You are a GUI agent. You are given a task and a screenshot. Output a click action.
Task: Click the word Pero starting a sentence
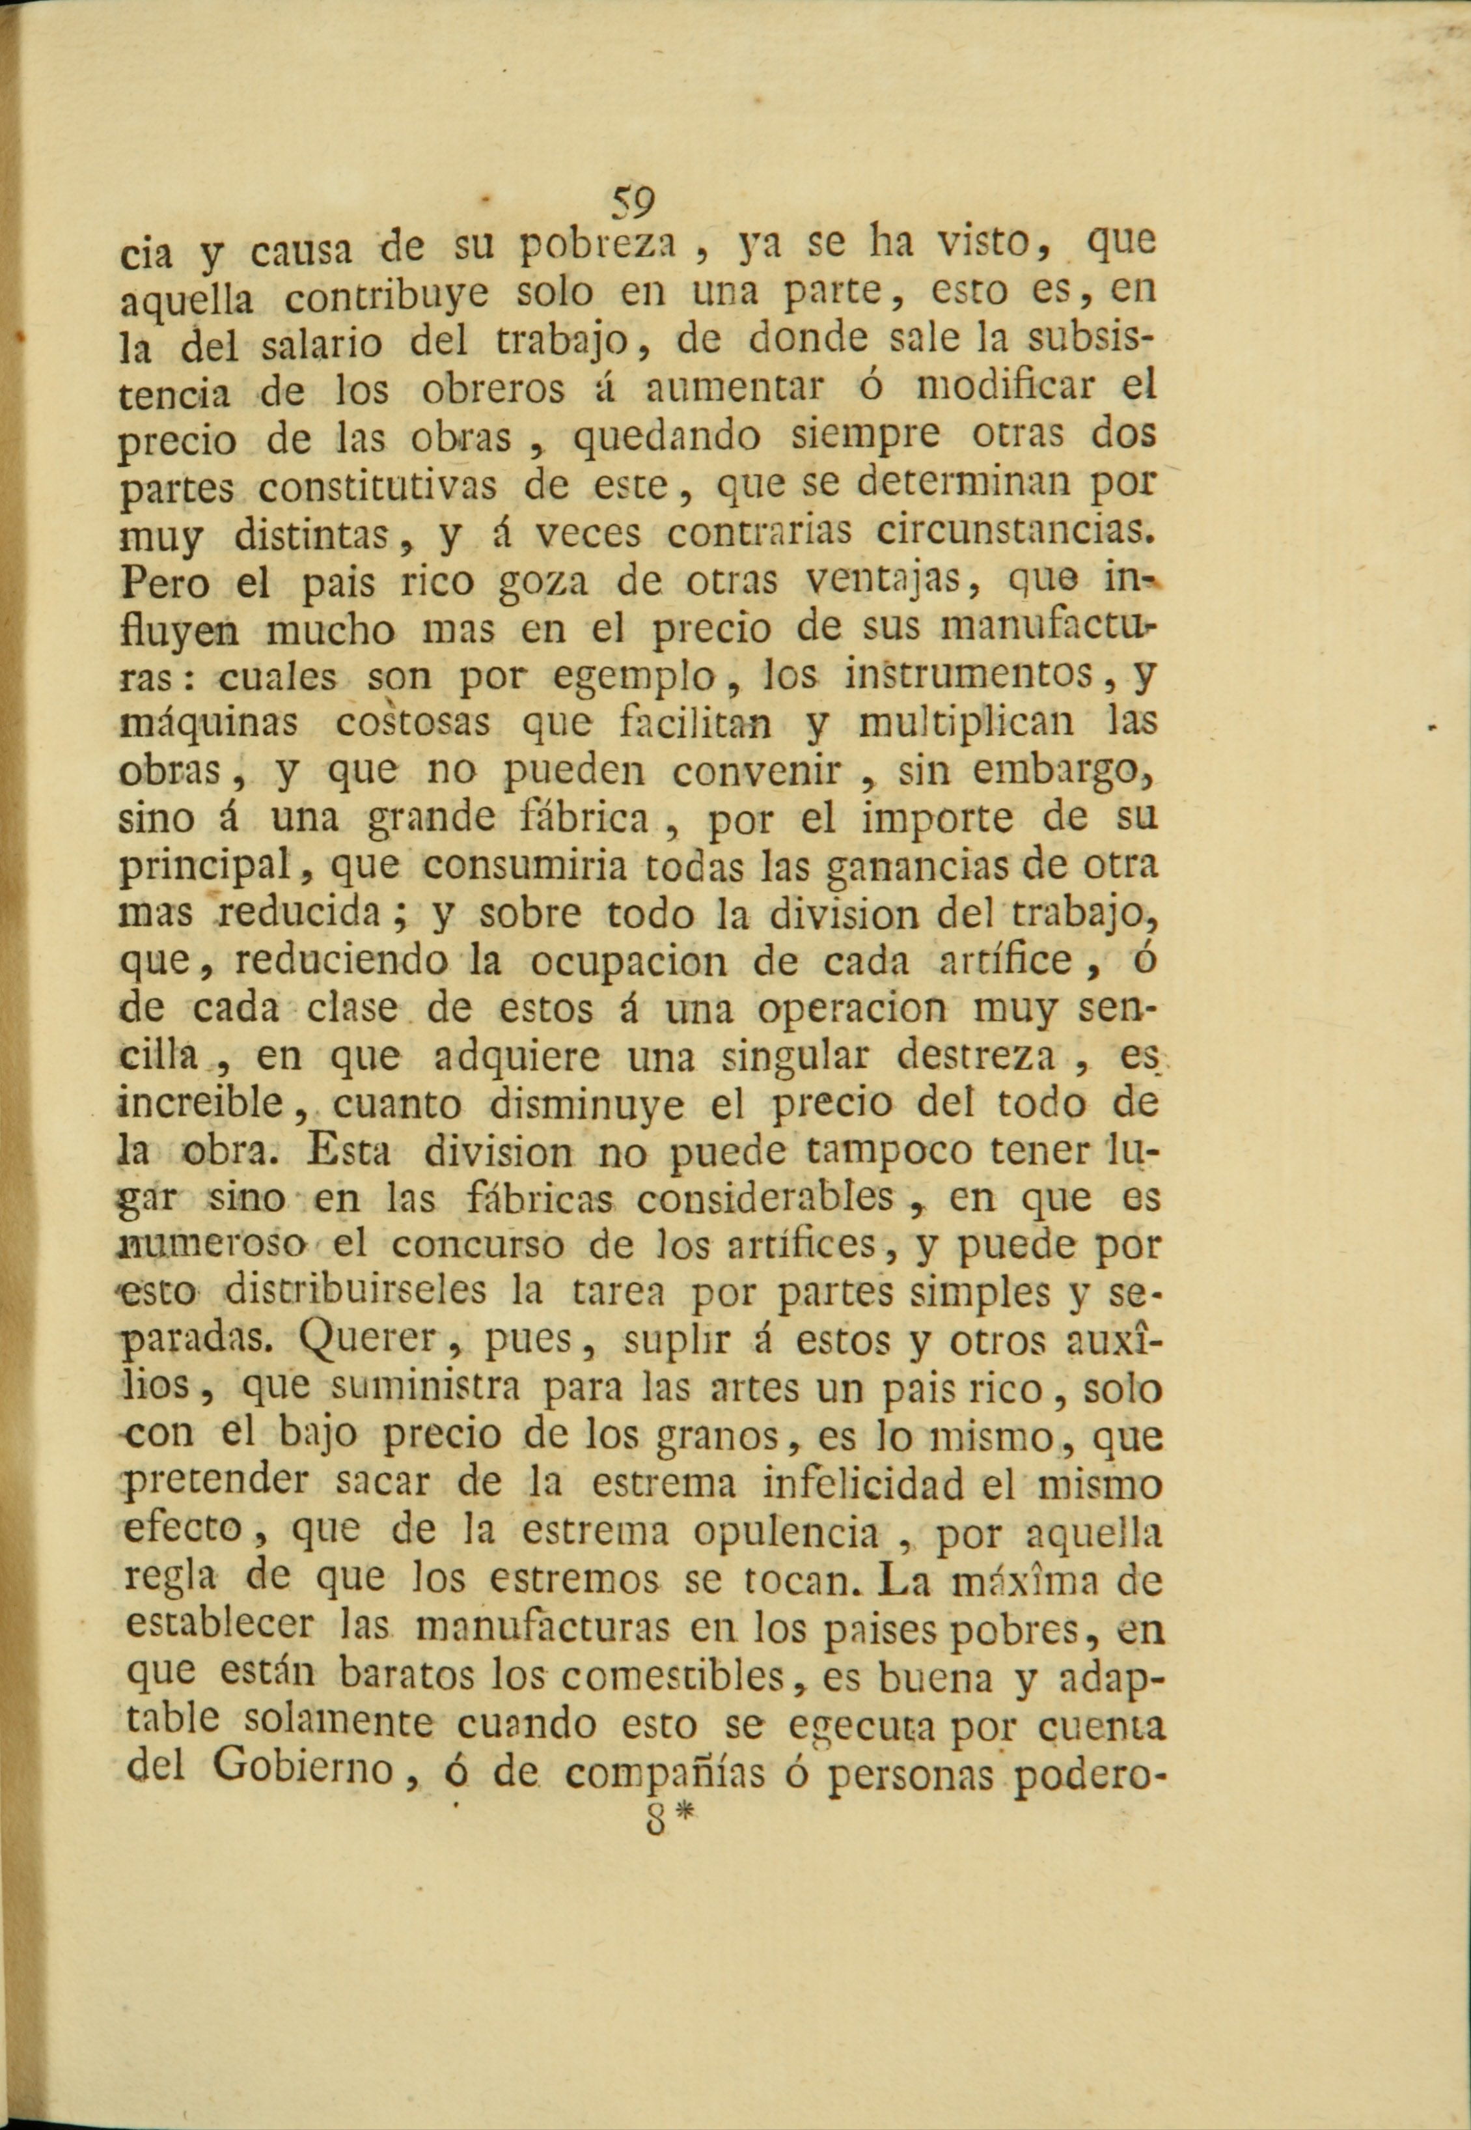[164, 583]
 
